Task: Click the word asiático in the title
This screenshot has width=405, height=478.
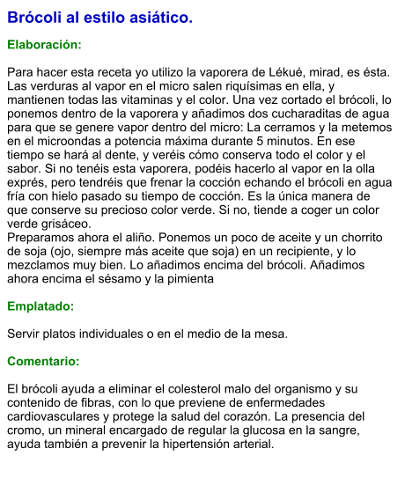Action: pyautogui.click(x=159, y=18)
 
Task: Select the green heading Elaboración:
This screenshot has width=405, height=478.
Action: pyautogui.click(x=44, y=44)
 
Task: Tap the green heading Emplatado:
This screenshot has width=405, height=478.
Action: pyautogui.click(x=40, y=307)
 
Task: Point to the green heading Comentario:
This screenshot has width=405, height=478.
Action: pyautogui.click(x=43, y=362)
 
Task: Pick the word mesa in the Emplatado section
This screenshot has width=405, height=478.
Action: pyautogui.click(x=269, y=335)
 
